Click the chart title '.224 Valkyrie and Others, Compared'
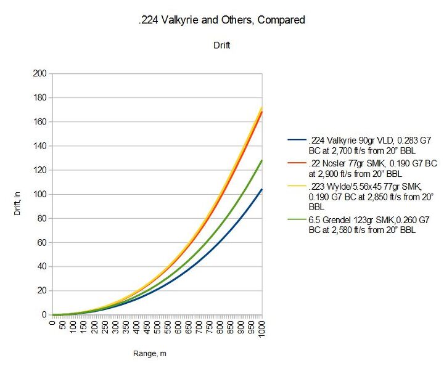[221, 20]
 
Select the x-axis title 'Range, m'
[157, 354]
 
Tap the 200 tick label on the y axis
[39, 74]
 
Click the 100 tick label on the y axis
[39, 194]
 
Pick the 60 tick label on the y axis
[42, 242]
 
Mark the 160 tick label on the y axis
[39, 122]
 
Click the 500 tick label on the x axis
[157, 327]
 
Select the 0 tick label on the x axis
[53, 322]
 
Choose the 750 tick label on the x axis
[210, 327]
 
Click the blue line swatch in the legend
[295, 140]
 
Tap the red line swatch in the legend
[295, 163]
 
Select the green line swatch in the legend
[295, 221]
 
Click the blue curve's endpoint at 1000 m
[262, 190]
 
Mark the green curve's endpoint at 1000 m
[262, 161]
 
